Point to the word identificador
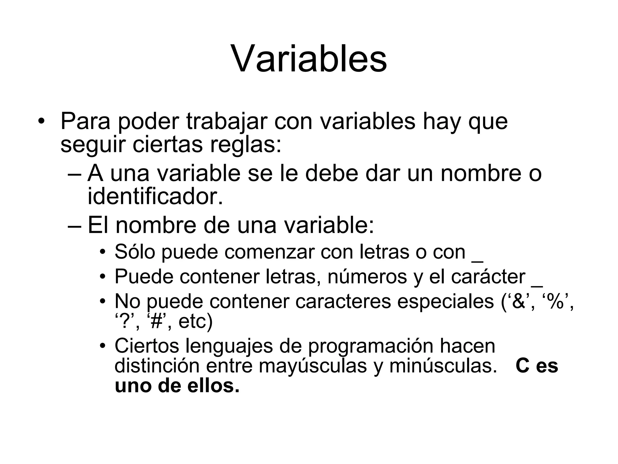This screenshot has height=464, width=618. click(155, 197)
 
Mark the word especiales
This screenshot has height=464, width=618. click(445, 301)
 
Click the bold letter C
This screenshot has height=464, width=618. click(523, 366)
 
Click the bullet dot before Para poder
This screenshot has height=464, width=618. click(41, 122)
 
